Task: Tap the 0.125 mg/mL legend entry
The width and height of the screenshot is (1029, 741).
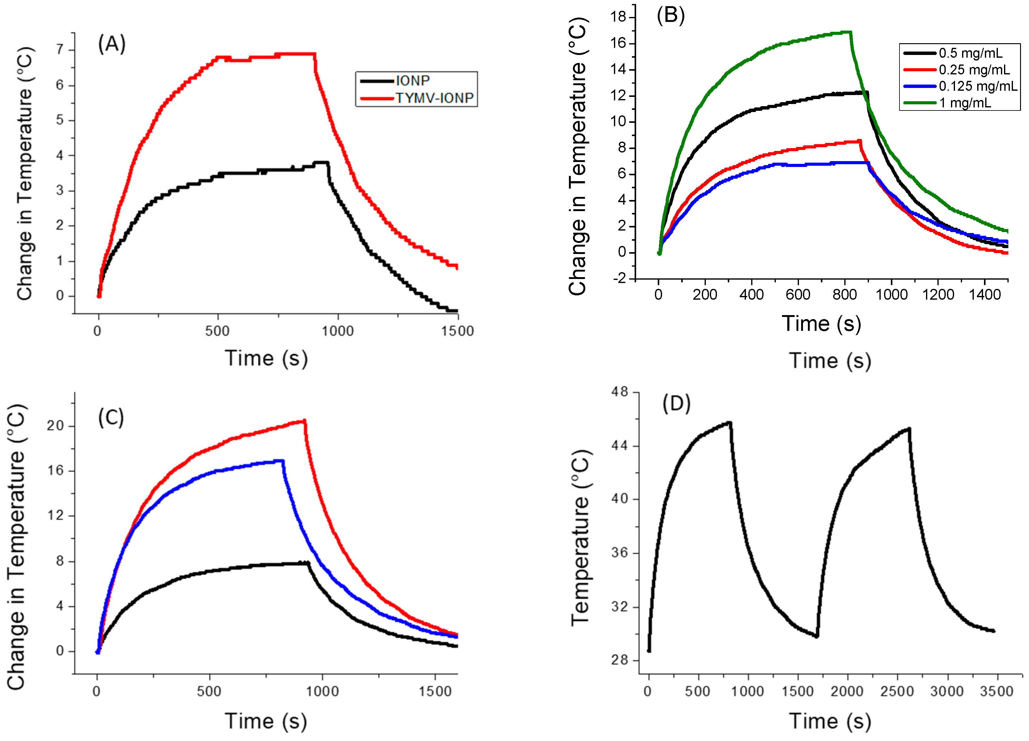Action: coord(978,86)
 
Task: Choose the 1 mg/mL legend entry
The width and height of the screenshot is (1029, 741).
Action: coord(965,103)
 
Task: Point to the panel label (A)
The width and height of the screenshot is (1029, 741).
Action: coord(112,44)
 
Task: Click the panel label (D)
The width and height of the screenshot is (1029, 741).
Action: coord(676,403)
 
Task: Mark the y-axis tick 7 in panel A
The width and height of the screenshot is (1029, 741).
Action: coord(60,49)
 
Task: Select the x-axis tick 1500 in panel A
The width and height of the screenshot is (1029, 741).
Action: coord(457,331)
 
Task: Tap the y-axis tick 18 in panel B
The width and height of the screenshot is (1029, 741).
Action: coord(618,17)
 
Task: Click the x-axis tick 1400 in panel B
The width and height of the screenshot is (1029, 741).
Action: coord(985,295)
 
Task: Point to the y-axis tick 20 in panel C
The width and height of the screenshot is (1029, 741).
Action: coord(55,426)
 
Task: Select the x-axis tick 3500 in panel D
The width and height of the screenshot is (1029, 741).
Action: coord(996,692)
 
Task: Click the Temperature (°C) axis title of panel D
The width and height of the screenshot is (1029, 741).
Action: coord(580,538)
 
